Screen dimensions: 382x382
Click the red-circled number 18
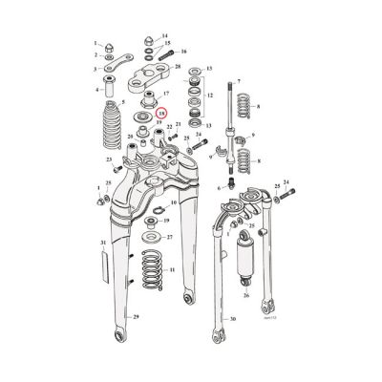[161, 113]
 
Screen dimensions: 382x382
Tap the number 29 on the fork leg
[137, 343]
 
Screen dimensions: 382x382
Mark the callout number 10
[173, 202]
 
